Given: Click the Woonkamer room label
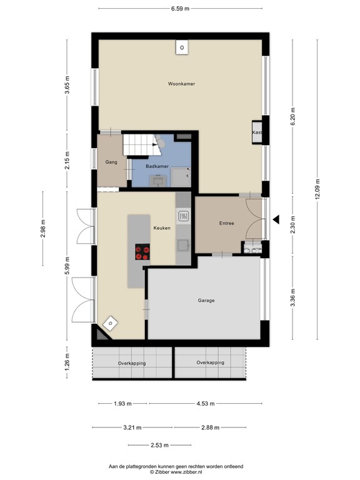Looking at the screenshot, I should (x=181, y=84).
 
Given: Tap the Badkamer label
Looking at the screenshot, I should (x=156, y=166).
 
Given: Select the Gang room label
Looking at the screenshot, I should (x=111, y=162).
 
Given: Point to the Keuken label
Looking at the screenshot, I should (x=162, y=229).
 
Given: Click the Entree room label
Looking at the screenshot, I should (x=226, y=223).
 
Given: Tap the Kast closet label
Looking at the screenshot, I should (x=256, y=133).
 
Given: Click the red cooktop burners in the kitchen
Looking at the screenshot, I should (x=142, y=251).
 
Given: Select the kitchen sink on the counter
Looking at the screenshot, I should (x=184, y=217).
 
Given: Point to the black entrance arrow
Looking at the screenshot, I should (x=276, y=219).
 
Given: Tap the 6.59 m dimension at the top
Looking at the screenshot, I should (x=181, y=8).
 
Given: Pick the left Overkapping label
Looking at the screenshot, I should (x=132, y=362).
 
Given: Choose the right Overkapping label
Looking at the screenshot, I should (x=210, y=362).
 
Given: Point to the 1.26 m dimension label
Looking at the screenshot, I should (x=67, y=362).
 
